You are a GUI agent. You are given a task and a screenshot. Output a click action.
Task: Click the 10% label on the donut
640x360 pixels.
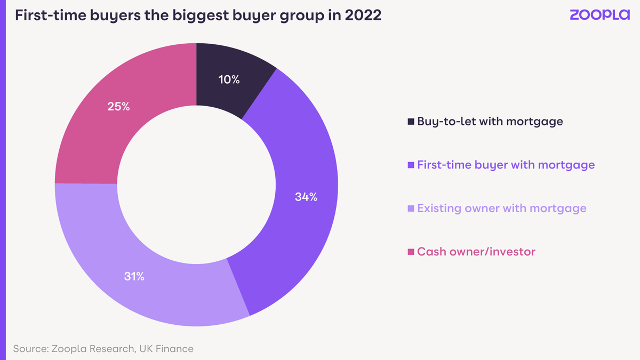[x=229, y=80]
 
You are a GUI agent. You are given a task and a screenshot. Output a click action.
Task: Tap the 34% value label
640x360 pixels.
[x=306, y=197]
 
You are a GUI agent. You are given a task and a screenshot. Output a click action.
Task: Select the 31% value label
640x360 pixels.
[x=133, y=276]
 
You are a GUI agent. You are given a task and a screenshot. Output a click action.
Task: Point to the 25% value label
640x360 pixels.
[x=118, y=106]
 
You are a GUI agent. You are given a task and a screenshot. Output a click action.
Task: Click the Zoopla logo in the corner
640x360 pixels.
[x=599, y=15]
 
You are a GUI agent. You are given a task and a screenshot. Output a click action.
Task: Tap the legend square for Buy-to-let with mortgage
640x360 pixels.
[x=411, y=122]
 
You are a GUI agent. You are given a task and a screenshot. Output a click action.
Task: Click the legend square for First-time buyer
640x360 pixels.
[x=411, y=165]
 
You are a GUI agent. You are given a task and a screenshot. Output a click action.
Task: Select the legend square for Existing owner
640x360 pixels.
[x=411, y=209]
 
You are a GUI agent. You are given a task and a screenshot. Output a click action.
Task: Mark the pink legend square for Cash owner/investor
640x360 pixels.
[x=411, y=252]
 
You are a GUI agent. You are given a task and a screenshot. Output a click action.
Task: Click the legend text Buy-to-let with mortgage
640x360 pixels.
[x=490, y=121]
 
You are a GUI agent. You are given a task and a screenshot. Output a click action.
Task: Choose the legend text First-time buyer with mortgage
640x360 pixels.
[x=506, y=165]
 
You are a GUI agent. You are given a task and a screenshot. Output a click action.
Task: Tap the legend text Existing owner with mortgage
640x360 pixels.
[x=501, y=208]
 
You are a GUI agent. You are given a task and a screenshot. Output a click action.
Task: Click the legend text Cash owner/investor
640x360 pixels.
[x=476, y=251]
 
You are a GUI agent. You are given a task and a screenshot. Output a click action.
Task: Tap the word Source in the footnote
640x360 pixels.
[x=30, y=349]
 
